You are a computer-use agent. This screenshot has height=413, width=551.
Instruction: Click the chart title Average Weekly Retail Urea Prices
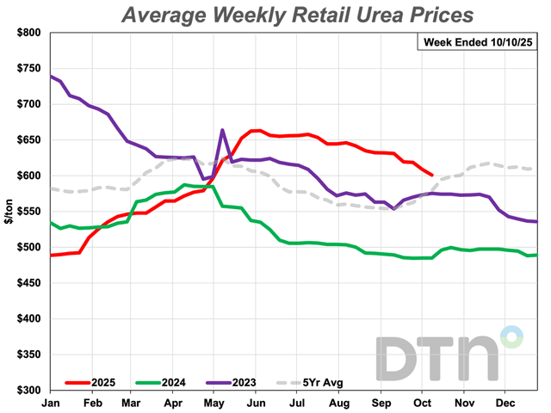coord(297,15)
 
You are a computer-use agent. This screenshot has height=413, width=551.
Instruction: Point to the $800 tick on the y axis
coord(28,33)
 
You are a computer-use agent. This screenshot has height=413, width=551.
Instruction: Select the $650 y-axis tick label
coord(28,140)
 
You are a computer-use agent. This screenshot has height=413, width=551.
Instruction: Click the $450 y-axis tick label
coord(28,283)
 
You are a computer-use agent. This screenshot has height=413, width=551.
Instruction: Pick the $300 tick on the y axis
coord(28,391)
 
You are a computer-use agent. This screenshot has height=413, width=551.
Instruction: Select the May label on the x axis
coord(213,403)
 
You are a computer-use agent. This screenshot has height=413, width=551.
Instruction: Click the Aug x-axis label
coord(337,403)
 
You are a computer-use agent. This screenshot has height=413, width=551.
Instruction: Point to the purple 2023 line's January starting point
coord(52,77)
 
